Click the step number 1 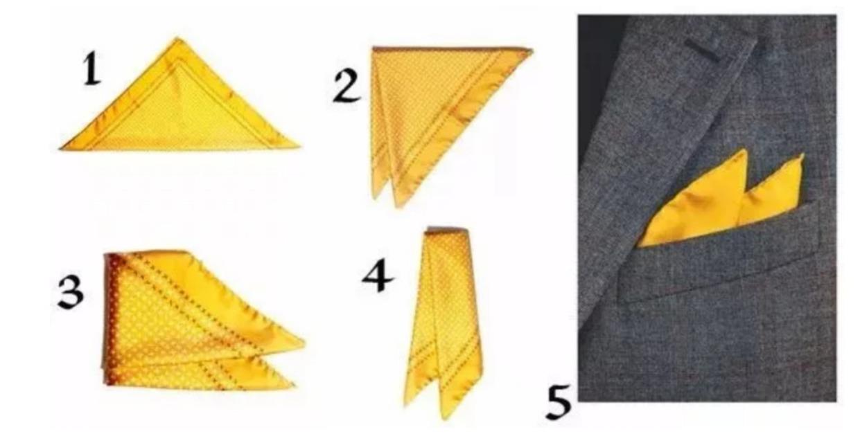tap(92, 69)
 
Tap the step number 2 tap(346, 87)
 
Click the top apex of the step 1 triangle tap(177, 38)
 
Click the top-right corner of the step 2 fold tap(532, 51)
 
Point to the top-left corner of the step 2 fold tap(374, 48)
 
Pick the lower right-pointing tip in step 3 tap(294, 385)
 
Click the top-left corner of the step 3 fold tap(106, 255)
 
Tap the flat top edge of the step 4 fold tap(446, 230)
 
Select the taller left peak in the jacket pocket tap(745, 150)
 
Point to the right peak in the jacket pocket tap(802, 155)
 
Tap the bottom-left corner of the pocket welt tap(623, 302)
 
